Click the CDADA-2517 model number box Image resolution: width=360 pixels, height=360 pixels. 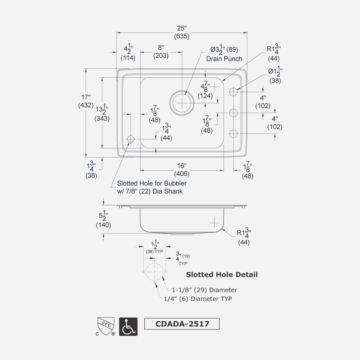point(182,323)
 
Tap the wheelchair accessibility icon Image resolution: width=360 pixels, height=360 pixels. point(128,327)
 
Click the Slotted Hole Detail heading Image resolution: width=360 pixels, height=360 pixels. point(222,275)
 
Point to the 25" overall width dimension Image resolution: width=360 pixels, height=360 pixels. point(182,28)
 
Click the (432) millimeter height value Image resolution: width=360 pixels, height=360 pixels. point(86,105)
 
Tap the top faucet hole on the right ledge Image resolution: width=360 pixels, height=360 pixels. point(234,92)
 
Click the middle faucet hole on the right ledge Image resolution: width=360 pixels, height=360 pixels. point(234,113)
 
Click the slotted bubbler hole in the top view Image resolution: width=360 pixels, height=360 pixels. point(130,139)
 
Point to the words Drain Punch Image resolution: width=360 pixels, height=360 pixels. point(224,59)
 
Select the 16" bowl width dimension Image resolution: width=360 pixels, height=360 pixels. point(182,166)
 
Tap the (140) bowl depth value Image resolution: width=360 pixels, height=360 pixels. point(103,225)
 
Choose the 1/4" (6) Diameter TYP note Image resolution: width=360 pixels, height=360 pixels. point(198,298)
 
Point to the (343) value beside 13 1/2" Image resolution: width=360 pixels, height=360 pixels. point(102,118)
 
